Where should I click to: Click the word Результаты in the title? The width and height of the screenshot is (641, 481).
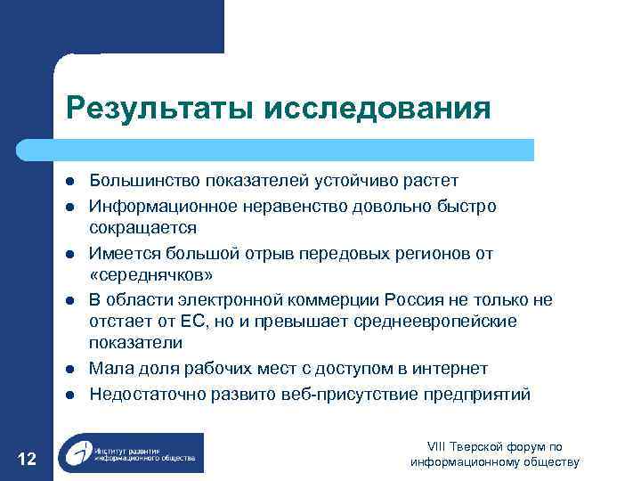coord(159,108)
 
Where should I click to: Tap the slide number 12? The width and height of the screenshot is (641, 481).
coord(27,458)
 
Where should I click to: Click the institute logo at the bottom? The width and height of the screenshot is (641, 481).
coord(130,452)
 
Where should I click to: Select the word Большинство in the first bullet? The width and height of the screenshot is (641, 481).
coord(145,181)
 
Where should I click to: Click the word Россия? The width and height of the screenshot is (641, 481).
coord(421,298)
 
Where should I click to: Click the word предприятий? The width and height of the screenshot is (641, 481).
coord(476,394)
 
